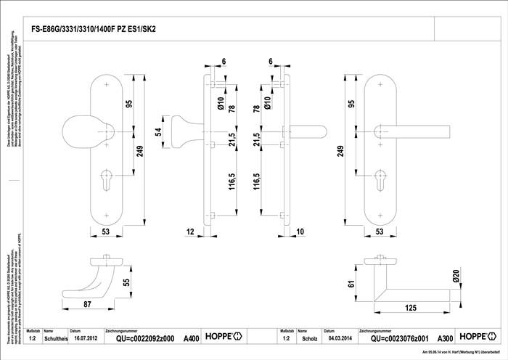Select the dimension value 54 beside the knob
(157, 134)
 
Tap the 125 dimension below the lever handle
(410, 308)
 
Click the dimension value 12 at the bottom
(190, 232)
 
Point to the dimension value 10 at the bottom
(300, 232)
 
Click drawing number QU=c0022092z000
(141, 338)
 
